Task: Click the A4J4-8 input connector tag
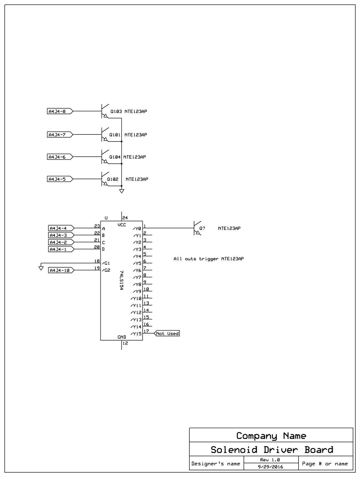59,111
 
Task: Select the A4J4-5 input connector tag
59,179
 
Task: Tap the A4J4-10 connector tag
61,270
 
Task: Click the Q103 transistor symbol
104,111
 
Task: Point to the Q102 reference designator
112,179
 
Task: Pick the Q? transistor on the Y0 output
197,228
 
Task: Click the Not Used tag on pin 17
167,334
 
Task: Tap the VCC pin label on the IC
122,225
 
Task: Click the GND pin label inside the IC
122,337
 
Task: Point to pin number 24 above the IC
125,218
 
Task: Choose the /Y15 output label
136,334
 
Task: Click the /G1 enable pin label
106,263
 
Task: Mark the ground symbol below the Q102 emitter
122,191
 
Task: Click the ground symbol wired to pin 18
41,268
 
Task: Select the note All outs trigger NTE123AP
209,259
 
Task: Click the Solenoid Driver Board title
272,450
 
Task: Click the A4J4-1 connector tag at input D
60,249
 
